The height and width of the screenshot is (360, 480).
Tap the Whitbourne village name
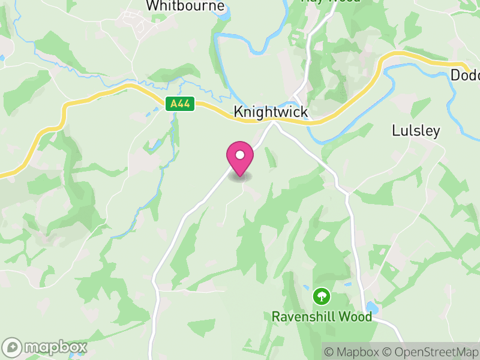[185, 6]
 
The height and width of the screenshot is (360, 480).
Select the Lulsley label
[416, 130]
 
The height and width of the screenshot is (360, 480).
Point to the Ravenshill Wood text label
[322, 316]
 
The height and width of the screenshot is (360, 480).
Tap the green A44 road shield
[180, 104]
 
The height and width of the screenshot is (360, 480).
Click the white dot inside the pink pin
[240, 155]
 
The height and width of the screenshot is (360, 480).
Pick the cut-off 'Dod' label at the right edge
[464, 75]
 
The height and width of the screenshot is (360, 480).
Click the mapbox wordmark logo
[45, 347]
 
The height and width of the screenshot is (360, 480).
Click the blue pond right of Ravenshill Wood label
[371, 308]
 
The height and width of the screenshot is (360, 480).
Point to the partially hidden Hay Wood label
[330, 1]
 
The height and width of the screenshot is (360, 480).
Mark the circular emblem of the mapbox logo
[13, 347]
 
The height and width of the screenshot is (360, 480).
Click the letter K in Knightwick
[238, 112]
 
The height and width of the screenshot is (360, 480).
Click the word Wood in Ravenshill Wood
[356, 316]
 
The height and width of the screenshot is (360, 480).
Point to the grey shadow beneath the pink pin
[240, 177]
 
